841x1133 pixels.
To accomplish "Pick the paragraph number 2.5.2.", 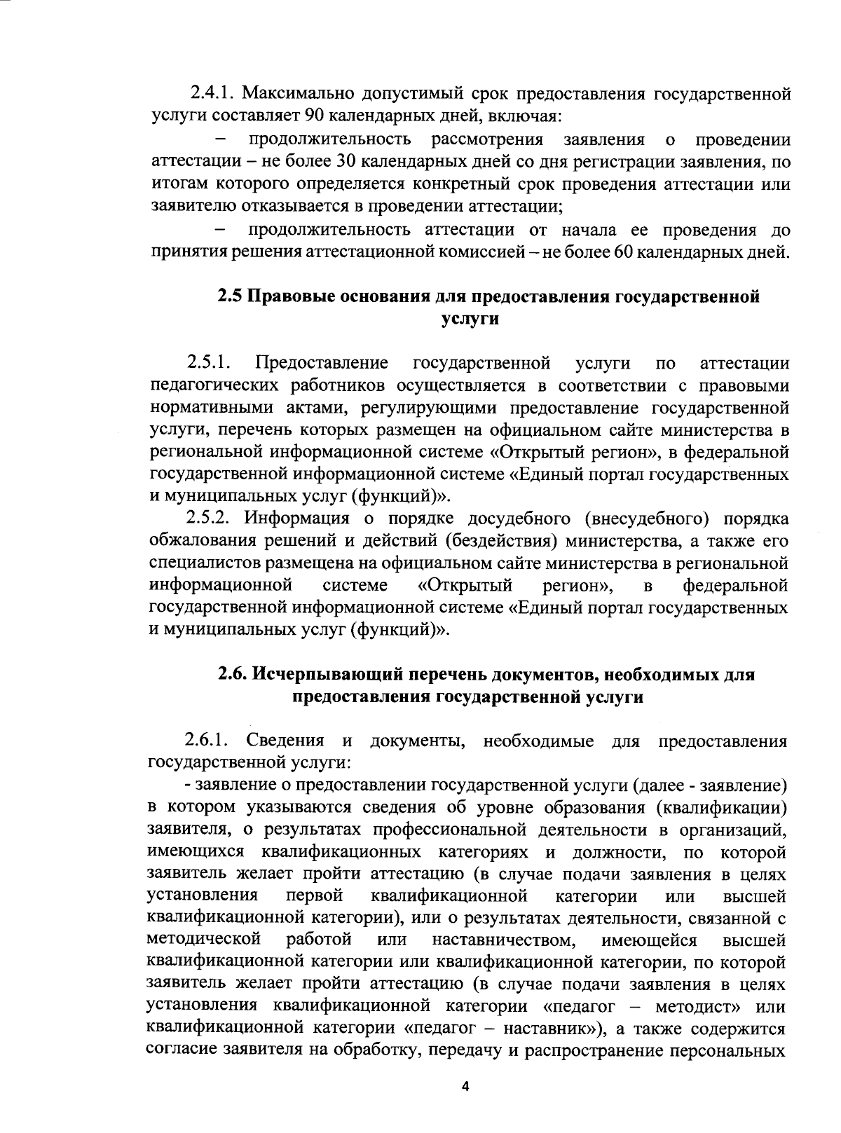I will (x=207, y=519).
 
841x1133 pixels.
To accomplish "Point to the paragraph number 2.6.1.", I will (x=207, y=741).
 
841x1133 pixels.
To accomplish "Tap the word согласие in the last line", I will (x=183, y=1051).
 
